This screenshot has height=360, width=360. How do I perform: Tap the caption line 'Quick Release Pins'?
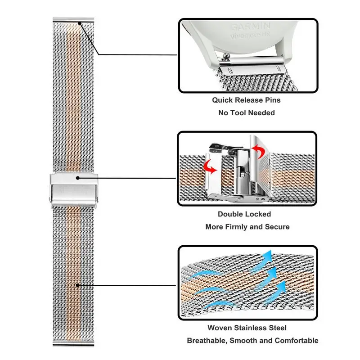click(x=246, y=100)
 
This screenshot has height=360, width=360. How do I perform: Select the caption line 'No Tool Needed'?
click(x=246, y=112)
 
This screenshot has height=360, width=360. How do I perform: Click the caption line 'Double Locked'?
click(x=244, y=214)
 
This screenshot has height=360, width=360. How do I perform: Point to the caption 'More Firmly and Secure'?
click(x=247, y=227)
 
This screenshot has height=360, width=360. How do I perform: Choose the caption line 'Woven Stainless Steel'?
click(x=247, y=328)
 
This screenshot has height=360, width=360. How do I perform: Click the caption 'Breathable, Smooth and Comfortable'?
click(x=252, y=341)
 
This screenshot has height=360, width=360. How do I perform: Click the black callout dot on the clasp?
click(x=78, y=178)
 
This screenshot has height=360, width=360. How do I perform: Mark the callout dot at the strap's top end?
click(x=80, y=23)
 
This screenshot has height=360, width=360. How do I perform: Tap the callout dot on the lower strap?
click(x=78, y=285)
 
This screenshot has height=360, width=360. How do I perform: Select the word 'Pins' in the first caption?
click(x=271, y=100)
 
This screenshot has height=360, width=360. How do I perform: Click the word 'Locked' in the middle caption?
click(x=258, y=214)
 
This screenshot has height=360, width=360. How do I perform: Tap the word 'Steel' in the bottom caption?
click(x=277, y=328)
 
